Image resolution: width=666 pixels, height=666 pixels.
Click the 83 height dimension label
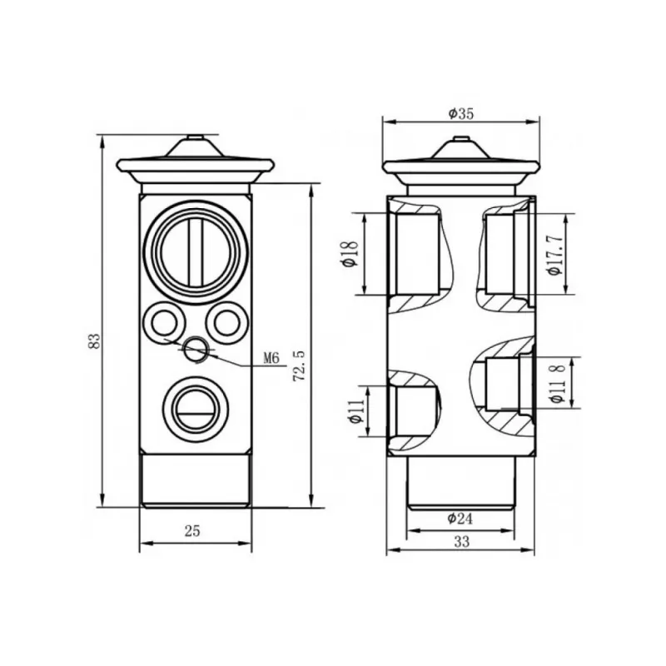click(x=95, y=341)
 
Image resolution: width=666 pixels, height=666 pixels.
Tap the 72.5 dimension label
click(x=300, y=365)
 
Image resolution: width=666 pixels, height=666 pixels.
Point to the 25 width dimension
click(x=192, y=530)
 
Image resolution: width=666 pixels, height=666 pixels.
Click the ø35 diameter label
click(x=461, y=113)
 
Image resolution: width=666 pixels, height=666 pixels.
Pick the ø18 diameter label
click(x=350, y=254)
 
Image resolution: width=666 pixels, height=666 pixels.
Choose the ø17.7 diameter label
click(x=555, y=255)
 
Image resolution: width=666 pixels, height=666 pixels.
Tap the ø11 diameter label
click(x=355, y=411)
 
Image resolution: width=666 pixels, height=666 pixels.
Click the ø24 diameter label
click(x=460, y=518)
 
